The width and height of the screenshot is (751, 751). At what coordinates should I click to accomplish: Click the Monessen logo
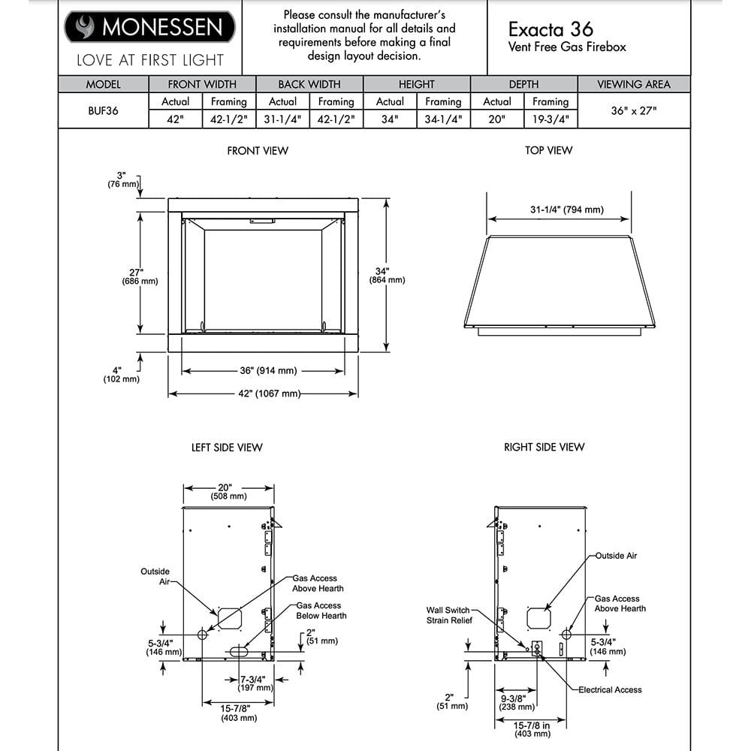(149, 28)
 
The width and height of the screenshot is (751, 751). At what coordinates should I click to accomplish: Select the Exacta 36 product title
(550, 29)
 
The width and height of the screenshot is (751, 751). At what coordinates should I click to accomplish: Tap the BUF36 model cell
(103, 110)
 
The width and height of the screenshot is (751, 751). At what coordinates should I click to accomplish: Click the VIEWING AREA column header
(633, 84)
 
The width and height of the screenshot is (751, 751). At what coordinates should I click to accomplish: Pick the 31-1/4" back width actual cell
(282, 119)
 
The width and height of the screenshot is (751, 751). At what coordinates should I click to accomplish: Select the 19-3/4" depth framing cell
(550, 119)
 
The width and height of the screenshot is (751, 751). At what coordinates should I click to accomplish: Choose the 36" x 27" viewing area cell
(633, 110)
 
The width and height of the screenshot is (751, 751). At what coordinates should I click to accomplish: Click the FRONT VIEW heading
(258, 151)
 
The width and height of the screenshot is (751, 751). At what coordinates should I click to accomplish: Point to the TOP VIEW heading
(548, 151)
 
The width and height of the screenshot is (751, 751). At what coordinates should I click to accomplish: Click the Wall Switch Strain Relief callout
(448, 615)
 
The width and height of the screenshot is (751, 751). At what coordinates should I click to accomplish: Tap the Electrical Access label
(610, 689)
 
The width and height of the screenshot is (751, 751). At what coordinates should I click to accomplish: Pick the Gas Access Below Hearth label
(321, 611)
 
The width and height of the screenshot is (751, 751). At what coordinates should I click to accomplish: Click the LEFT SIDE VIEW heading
(227, 448)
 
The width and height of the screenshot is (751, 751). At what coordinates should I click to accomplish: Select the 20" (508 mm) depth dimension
(228, 492)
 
